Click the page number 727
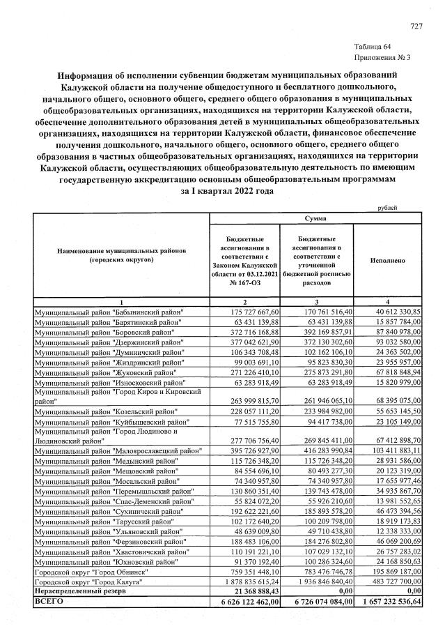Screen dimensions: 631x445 (x=416, y=26)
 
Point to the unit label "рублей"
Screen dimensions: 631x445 (x=388, y=208)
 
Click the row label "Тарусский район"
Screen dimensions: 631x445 (x=109, y=520)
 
